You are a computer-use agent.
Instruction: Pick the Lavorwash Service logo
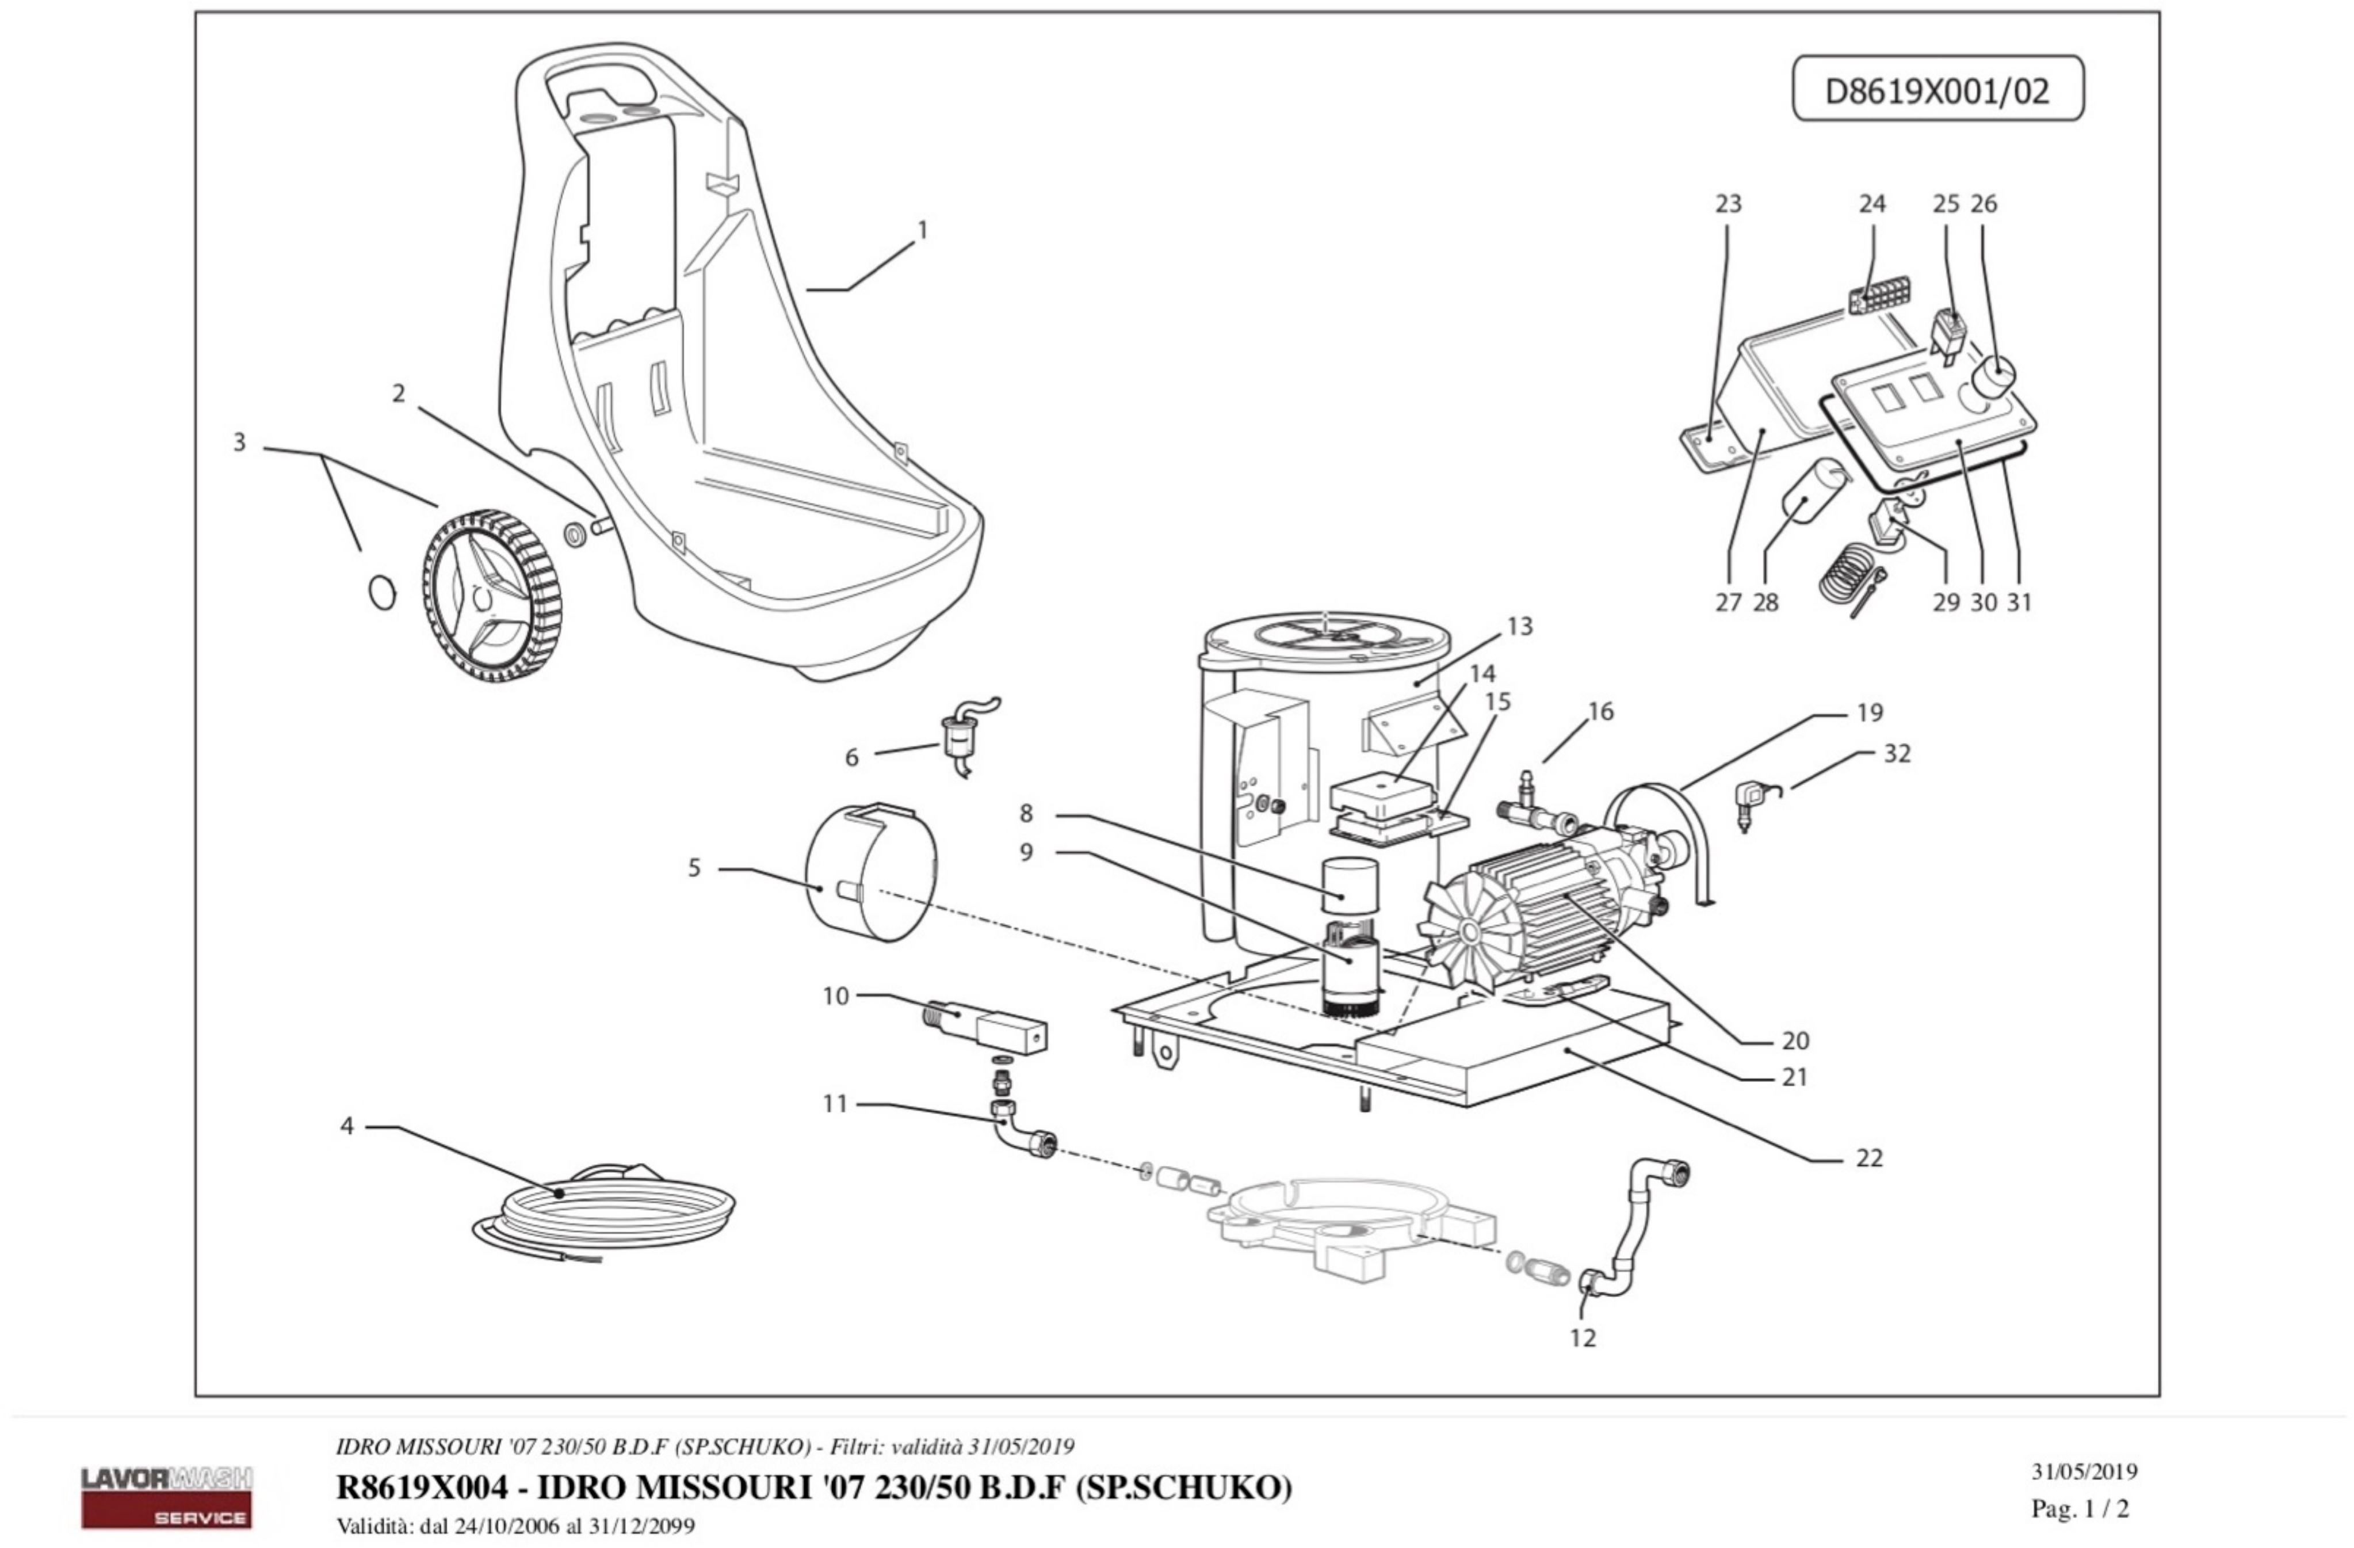166,1497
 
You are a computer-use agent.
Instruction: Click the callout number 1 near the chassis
923,230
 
